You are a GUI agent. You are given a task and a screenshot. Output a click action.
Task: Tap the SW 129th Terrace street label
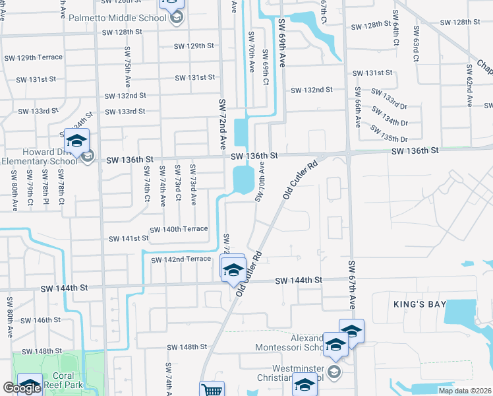(31, 57)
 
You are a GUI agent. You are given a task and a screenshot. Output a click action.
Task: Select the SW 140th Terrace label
(179, 229)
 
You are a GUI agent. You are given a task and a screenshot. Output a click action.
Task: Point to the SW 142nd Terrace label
(181, 259)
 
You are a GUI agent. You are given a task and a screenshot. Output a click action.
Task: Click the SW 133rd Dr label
(385, 100)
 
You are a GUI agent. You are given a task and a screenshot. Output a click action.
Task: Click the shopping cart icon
(212, 390)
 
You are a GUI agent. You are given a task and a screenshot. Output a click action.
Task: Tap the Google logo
(22, 389)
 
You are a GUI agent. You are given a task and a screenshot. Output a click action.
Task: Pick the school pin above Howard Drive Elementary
(76, 141)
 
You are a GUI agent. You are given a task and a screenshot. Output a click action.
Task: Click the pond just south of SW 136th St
(243, 180)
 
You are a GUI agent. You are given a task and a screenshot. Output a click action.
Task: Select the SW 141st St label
(127, 238)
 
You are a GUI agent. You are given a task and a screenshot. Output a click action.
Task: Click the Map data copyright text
(464, 391)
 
